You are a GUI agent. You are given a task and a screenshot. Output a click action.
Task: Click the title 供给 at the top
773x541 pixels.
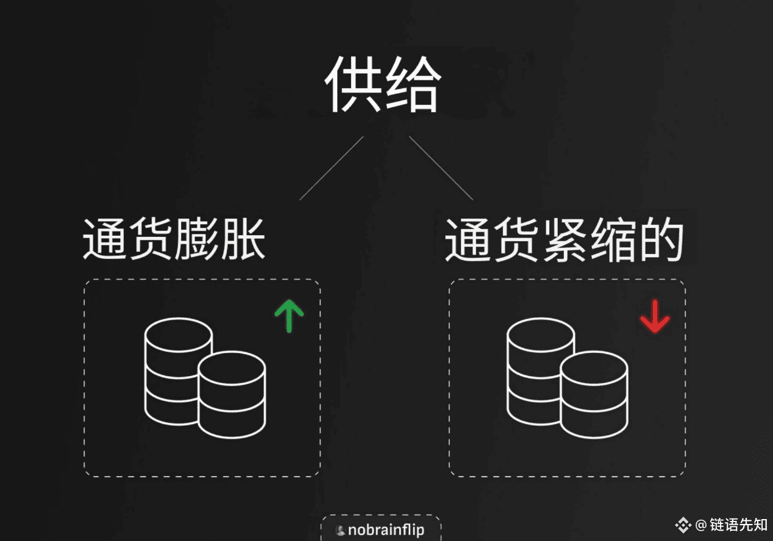pos(383,86)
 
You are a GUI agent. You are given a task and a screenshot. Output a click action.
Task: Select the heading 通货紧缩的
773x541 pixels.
pos(563,241)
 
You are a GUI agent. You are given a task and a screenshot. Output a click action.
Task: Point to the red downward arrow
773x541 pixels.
pos(655,317)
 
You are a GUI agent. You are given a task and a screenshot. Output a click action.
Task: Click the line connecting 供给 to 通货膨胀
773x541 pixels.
pos(332,168)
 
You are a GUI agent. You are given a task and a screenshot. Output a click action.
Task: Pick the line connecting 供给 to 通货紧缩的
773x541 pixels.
pos(440,168)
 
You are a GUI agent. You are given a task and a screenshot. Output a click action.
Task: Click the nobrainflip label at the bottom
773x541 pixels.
pos(386,530)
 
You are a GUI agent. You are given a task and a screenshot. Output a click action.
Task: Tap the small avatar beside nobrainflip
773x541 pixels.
pos(340,530)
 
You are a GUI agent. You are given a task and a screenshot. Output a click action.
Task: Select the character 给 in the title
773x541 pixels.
pos(411,86)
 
